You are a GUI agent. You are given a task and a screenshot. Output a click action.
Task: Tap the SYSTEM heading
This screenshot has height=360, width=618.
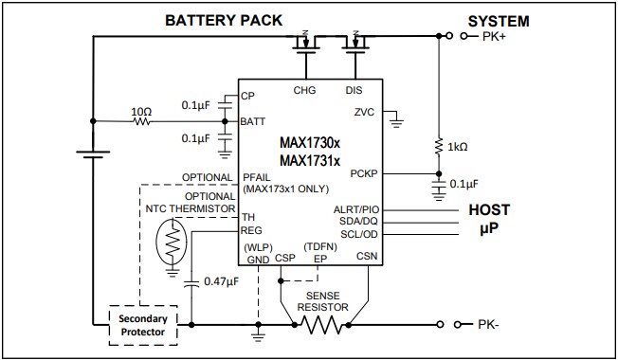(498, 20)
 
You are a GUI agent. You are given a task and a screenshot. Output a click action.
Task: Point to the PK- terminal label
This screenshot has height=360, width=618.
(490, 325)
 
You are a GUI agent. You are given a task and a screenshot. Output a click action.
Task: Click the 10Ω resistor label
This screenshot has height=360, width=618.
(141, 112)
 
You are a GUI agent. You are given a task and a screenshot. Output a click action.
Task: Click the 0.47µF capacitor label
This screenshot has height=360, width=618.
(223, 282)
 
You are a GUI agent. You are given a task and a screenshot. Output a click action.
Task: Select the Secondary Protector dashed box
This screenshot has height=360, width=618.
(145, 325)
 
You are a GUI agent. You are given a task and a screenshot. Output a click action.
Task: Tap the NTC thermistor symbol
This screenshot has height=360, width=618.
(173, 244)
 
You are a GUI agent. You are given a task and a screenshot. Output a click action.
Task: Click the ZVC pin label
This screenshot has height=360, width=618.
(364, 112)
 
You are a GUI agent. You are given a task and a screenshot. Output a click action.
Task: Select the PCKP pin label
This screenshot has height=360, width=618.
(364, 173)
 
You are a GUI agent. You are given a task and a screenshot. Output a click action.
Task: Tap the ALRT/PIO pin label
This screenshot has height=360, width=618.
(356, 209)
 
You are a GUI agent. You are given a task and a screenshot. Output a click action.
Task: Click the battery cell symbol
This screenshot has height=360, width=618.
(92, 153)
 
